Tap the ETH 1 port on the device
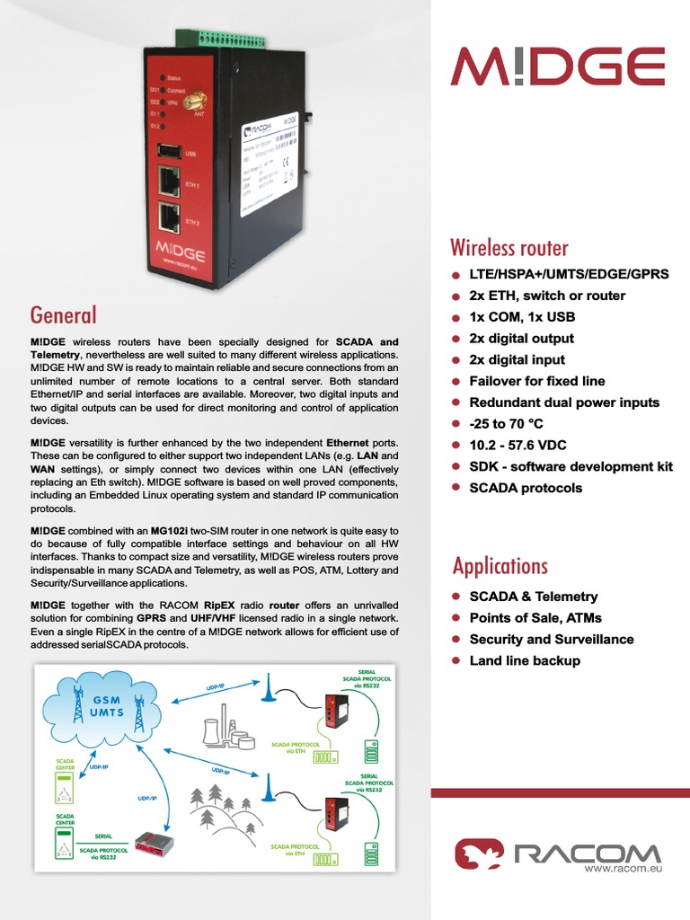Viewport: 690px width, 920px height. [x=169, y=182]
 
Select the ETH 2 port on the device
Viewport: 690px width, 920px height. [x=169, y=218]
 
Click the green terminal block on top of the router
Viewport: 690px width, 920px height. [x=233, y=39]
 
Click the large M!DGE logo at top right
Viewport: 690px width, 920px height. [x=558, y=66]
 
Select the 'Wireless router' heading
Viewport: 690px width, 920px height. [x=509, y=247]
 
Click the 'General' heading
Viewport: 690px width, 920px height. [x=63, y=314]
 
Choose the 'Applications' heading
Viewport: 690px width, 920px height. [x=500, y=566]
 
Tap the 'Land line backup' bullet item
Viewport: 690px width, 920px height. [x=525, y=660]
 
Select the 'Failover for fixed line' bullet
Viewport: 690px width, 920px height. [x=537, y=381]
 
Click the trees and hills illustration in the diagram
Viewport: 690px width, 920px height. [x=225, y=809]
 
